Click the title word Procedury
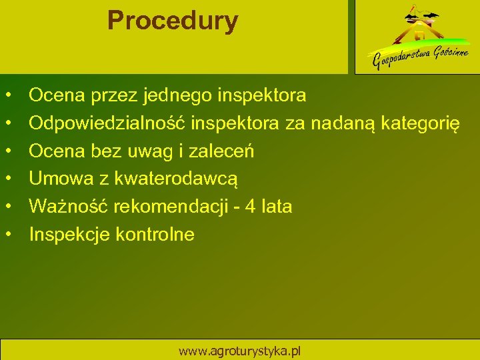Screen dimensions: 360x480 tap(172, 21)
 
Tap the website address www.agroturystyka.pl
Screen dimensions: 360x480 tap(240, 351)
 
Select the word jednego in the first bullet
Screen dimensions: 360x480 tap(177, 96)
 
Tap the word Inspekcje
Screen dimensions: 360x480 tap(70, 235)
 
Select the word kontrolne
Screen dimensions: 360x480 tap(155, 235)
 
